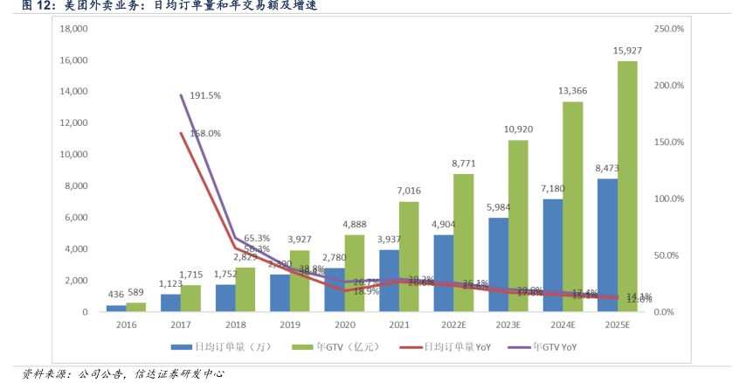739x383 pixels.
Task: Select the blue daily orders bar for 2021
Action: [389, 281]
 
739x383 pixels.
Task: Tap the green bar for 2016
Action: [135, 307]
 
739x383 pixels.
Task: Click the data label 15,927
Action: [627, 51]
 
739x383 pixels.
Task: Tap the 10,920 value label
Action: [518, 129]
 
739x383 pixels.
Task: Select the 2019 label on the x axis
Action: [290, 324]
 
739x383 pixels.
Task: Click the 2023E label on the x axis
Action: [508, 324]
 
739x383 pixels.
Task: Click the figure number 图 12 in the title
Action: [38, 6]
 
